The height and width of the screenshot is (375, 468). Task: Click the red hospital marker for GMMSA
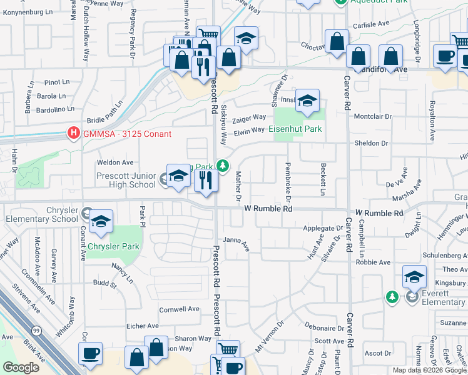pos(74,134)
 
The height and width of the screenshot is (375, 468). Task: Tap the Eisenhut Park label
pos(295,129)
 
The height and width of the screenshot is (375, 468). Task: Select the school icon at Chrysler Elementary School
pos(100,222)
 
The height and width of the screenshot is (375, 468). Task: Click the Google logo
pos(21,368)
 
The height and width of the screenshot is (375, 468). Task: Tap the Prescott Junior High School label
pos(126,180)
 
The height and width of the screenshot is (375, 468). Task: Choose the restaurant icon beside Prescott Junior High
pos(205,180)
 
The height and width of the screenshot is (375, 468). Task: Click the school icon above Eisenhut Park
pos(307,101)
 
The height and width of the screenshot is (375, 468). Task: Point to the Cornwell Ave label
pos(179,309)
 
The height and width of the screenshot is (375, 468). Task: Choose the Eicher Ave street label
pos(143,326)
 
